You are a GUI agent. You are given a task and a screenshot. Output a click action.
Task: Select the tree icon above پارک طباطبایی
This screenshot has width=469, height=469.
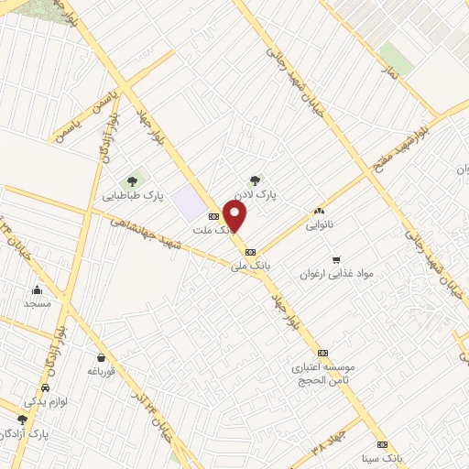tap(133, 180)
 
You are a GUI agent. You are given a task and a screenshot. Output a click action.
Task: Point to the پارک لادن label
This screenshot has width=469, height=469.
tap(255, 195)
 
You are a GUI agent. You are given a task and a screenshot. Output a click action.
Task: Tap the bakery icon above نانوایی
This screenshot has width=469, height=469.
tap(320, 210)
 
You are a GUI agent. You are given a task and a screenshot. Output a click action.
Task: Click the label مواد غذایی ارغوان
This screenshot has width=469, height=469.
tap(336, 274)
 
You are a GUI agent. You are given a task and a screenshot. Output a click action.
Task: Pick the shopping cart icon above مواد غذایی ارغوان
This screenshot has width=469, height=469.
tap(336, 259)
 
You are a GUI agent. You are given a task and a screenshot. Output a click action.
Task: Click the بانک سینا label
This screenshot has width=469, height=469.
tap(382, 456)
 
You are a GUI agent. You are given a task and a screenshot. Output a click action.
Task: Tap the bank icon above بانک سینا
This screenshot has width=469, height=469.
tap(382, 443)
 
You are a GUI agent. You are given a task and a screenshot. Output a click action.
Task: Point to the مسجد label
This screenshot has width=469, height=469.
tap(38, 303)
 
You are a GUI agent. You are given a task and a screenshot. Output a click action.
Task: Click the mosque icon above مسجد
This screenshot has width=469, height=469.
tap(38, 289)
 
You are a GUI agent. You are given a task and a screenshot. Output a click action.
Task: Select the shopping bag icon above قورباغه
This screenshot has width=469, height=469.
tap(100, 357)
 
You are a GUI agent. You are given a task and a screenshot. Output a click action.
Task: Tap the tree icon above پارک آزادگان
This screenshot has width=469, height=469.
tap(22, 419)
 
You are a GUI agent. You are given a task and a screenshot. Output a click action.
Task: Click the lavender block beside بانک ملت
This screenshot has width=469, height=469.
tap(191, 201)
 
